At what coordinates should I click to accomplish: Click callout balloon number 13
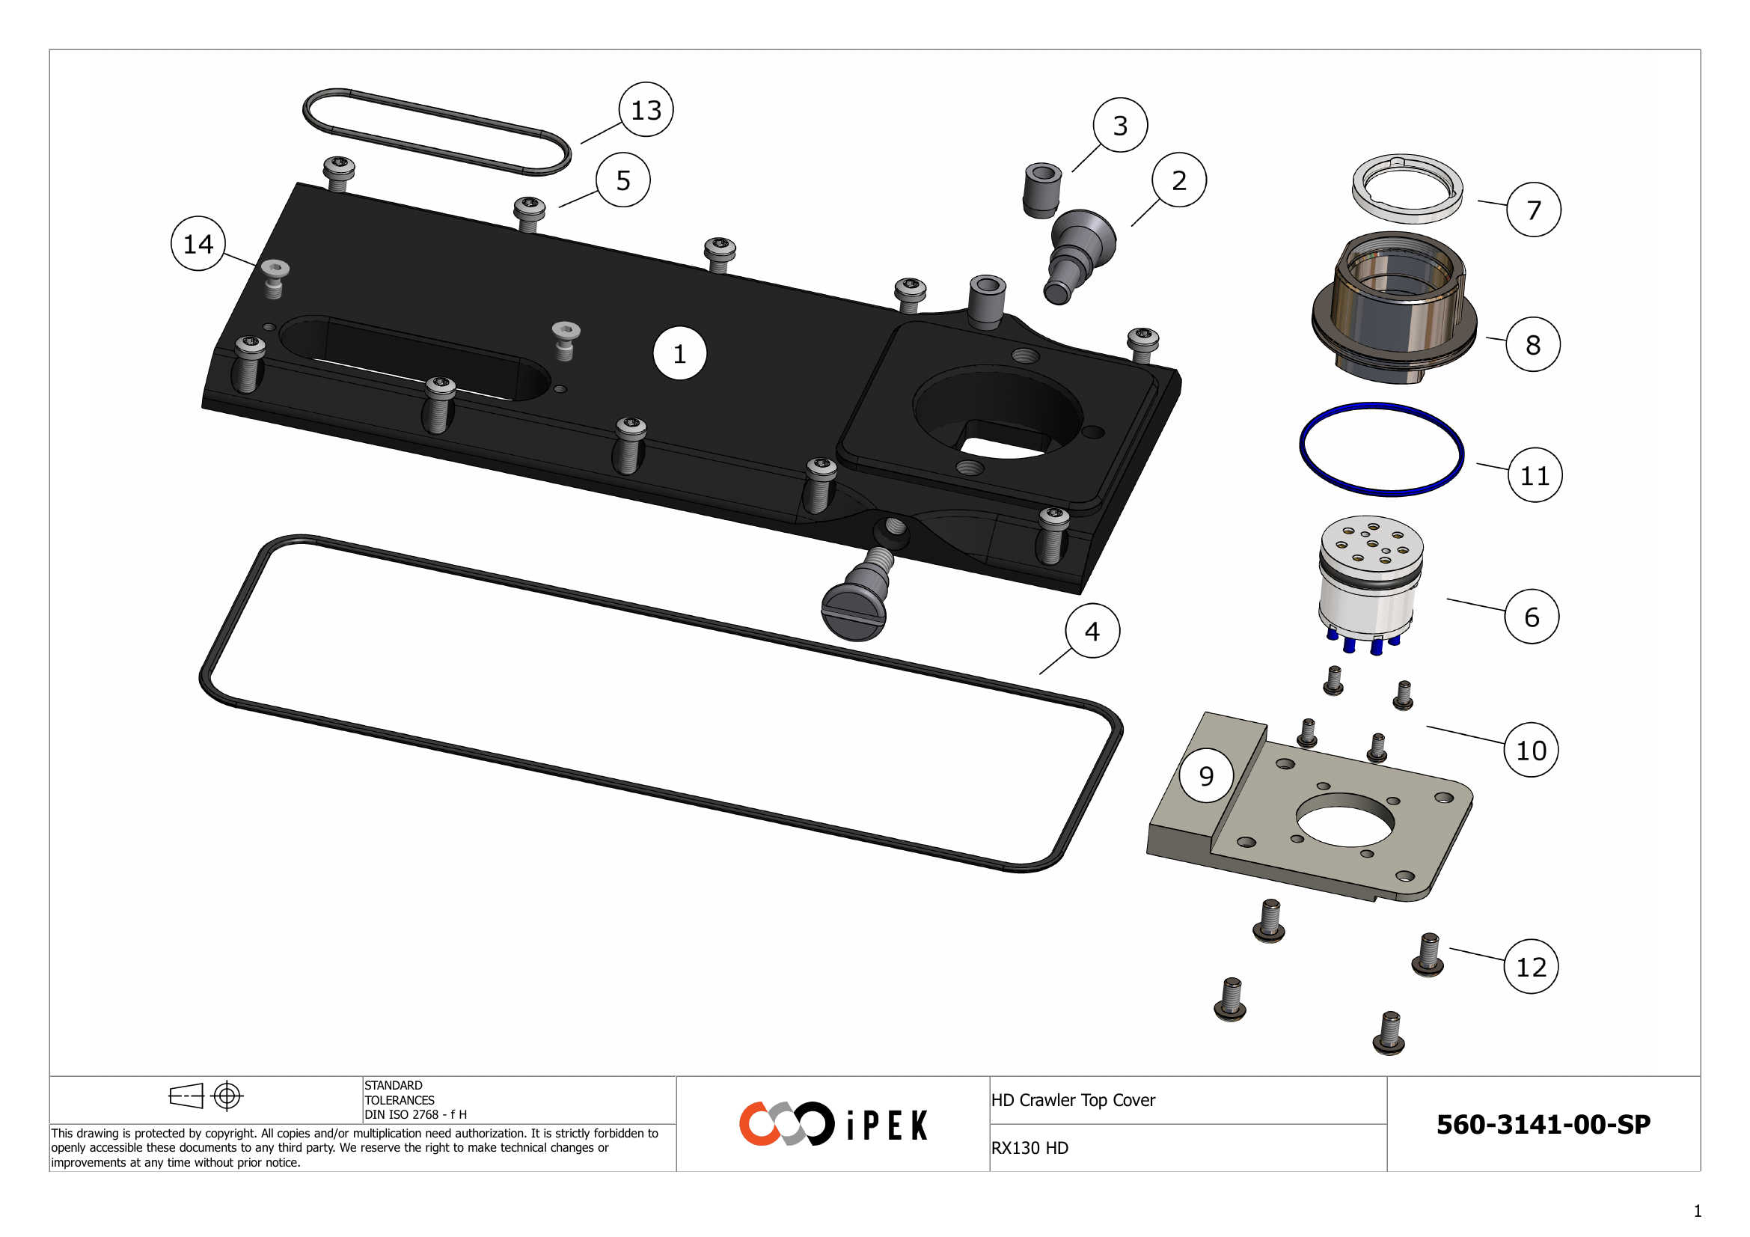(646, 110)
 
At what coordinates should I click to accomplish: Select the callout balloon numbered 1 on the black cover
(680, 354)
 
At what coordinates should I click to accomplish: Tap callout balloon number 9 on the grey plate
(1206, 776)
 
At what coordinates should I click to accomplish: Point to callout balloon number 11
(1535, 476)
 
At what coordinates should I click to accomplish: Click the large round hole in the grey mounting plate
(1345, 820)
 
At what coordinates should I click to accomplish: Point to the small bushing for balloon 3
(1041, 191)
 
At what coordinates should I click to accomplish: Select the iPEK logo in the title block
(833, 1124)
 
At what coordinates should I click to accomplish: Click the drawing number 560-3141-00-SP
(1544, 1125)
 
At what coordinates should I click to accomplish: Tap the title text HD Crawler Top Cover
(1073, 1100)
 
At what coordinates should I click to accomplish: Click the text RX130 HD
(1029, 1148)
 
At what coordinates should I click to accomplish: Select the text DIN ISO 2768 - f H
(415, 1114)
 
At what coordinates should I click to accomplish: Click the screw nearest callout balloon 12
(1428, 956)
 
